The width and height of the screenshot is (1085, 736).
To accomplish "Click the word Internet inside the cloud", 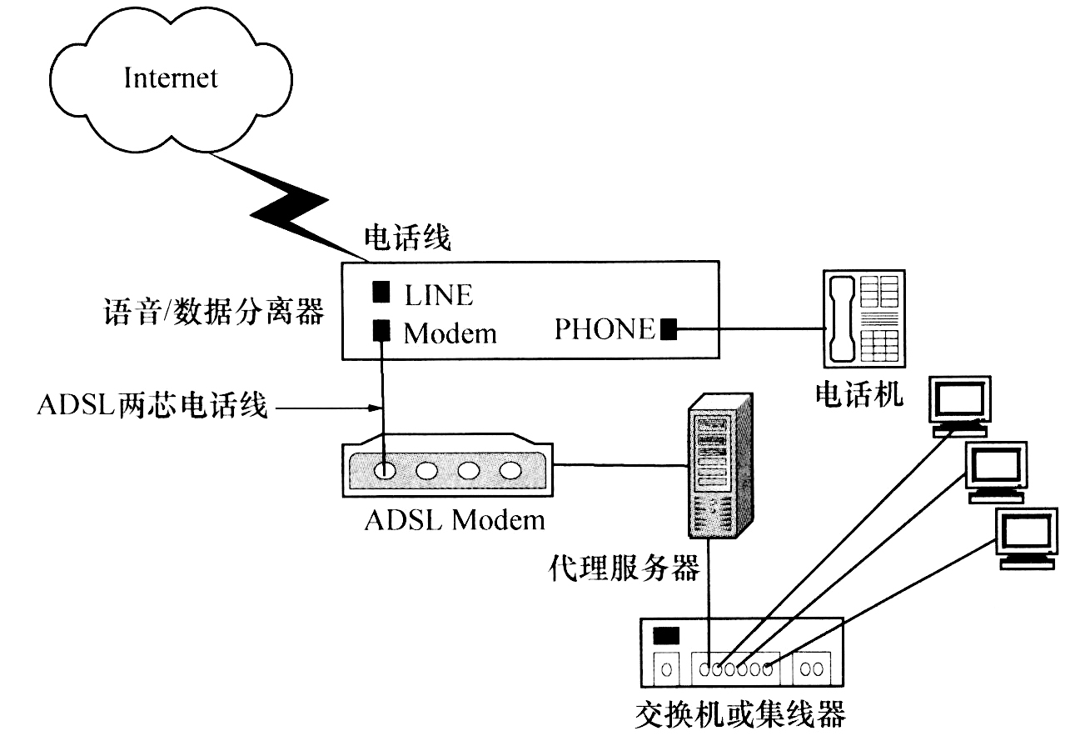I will (x=171, y=79).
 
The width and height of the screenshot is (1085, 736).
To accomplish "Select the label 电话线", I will (x=407, y=238).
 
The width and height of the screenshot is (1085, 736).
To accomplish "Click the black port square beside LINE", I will (x=381, y=293).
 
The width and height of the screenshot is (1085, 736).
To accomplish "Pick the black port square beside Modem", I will (x=381, y=332).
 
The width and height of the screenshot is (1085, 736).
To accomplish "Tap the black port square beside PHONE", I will (x=668, y=329).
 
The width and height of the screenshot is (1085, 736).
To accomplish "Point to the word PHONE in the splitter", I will (x=605, y=329).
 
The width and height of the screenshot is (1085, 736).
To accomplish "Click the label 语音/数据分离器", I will (x=211, y=314).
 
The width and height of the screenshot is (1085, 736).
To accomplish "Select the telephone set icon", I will (x=863, y=318).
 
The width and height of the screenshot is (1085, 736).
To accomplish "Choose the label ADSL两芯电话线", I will (x=152, y=408).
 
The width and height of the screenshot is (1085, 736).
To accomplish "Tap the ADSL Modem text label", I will (x=455, y=520).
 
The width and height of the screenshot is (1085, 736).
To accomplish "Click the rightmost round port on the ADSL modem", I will (x=510, y=470).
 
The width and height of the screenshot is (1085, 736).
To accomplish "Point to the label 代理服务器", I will (x=624, y=569).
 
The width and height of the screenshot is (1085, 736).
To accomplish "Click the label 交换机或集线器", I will (x=739, y=714).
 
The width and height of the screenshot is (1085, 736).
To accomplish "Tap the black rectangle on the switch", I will (x=667, y=636).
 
